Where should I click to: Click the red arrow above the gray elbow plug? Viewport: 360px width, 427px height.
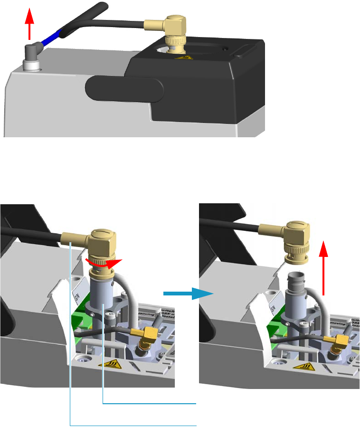29,24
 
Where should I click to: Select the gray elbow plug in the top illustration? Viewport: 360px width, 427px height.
33,50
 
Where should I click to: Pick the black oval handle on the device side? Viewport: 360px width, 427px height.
124,88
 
